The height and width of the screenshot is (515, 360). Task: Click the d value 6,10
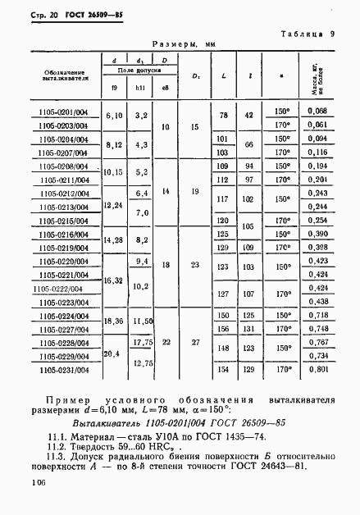point(114,116)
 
